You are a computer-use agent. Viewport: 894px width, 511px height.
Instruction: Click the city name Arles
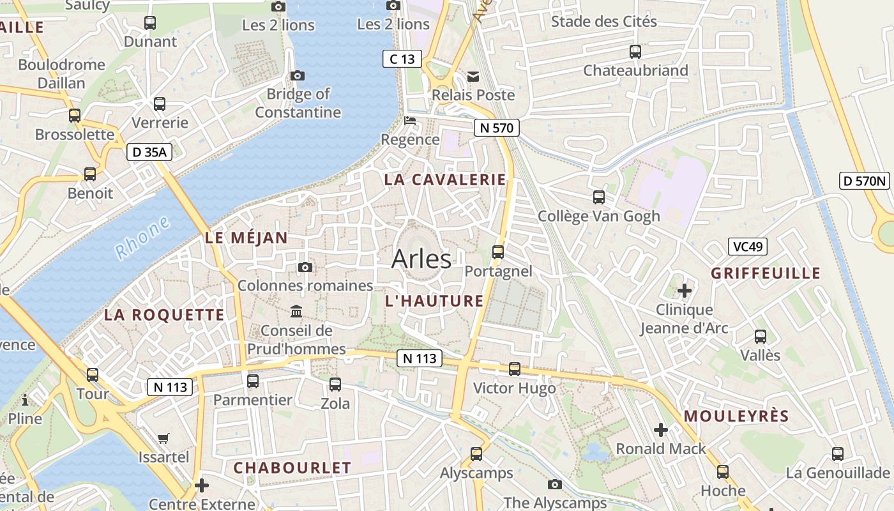(x=421, y=259)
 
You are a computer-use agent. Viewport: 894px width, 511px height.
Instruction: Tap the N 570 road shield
(x=496, y=128)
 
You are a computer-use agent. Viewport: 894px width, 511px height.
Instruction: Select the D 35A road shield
(x=149, y=152)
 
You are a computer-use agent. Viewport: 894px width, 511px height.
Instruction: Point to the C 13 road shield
(x=402, y=59)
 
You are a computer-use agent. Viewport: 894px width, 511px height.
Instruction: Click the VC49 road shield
(x=748, y=246)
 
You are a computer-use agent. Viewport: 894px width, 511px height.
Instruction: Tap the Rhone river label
(x=143, y=238)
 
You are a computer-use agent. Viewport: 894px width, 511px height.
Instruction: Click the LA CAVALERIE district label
(x=444, y=179)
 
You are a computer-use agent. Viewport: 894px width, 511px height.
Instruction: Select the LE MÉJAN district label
(x=246, y=238)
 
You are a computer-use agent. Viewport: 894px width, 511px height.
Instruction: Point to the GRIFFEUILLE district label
(x=766, y=273)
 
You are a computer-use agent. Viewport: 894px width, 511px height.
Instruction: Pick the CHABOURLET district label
(x=292, y=468)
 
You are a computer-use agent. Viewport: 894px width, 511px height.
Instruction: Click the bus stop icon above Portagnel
(x=498, y=252)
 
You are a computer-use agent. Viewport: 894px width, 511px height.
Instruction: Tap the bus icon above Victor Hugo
(x=515, y=369)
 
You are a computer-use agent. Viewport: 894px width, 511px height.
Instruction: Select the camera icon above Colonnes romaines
(x=305, y=267)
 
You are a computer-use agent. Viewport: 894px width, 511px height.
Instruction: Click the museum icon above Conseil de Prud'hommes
(x=297, y=312)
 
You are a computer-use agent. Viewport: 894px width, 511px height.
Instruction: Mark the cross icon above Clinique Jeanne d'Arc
(x=685, y=291)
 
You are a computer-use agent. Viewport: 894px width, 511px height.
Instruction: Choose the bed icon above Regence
(x=410, y=121)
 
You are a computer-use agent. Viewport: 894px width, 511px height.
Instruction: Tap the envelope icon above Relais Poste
(x=473, y=77)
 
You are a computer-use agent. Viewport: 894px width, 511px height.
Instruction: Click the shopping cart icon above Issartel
(x=163, y=438)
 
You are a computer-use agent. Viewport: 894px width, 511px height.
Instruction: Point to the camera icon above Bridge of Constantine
(x=297, y=75)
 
